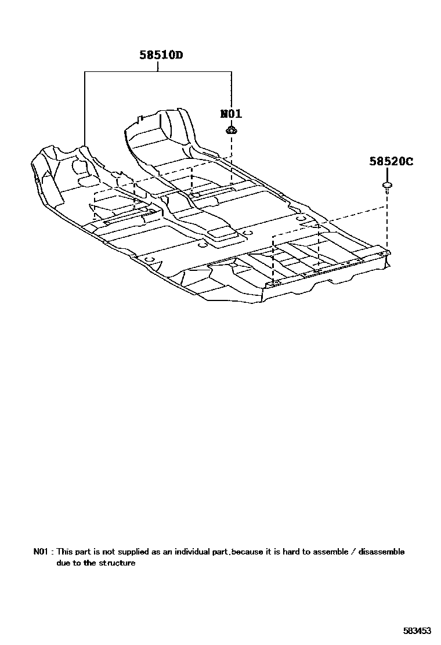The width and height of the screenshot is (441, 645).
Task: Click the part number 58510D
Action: tap(161, 56)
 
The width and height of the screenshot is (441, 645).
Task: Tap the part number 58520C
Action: tap(391, 162)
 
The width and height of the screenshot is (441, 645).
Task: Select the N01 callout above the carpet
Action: tap(231, 114)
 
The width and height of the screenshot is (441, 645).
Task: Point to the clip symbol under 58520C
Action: tap(386, 186)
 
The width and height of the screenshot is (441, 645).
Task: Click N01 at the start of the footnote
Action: tap(41, 552)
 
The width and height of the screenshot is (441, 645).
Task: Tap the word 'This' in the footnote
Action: tap(64, 552)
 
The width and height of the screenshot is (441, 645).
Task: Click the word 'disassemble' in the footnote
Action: tap(381, 552)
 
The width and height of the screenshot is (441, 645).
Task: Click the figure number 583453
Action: tap(417, 630)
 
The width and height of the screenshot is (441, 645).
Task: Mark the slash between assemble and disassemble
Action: tap(353, 552)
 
